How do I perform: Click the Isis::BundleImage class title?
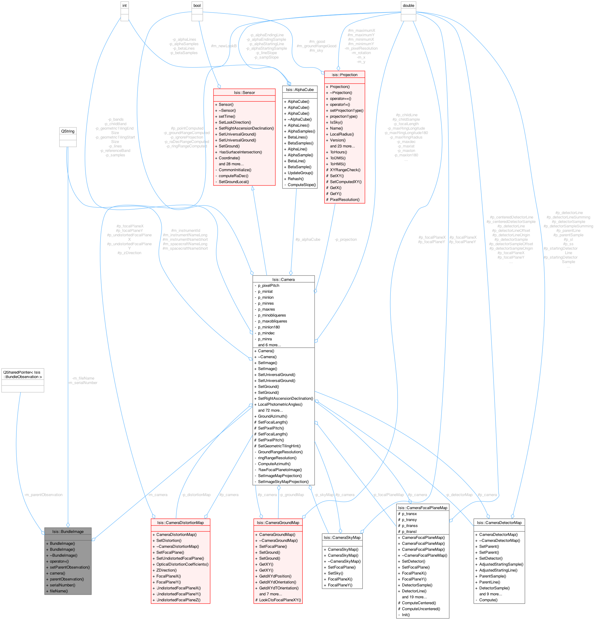tap(68, 531)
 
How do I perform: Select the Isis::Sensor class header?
tap(244, 92)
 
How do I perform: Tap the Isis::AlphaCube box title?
tap(300, 89)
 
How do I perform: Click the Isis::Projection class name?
tap(344, 75)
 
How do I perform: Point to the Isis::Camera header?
tap(283, 279)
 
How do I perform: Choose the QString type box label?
tap(68, 131)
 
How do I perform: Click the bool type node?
tap(197, 5)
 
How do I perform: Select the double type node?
tap(408, 5)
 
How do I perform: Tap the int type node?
tap(124, 5)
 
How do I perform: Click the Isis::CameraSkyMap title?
tap(342, 537)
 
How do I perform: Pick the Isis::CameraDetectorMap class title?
tap(499, 523)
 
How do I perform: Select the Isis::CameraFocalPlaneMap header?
tap(423, 508)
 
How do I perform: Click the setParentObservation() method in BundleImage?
tap(70, 567)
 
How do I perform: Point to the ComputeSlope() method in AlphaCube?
tap(302, 185)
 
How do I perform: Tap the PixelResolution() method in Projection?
tap(345, 200)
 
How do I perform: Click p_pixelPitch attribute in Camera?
tap(269, 285)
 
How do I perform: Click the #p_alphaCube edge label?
tap(308, 240)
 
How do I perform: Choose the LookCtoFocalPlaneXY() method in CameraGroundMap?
tap(280, 600)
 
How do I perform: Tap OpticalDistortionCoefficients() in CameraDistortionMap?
tap(182, 564)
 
